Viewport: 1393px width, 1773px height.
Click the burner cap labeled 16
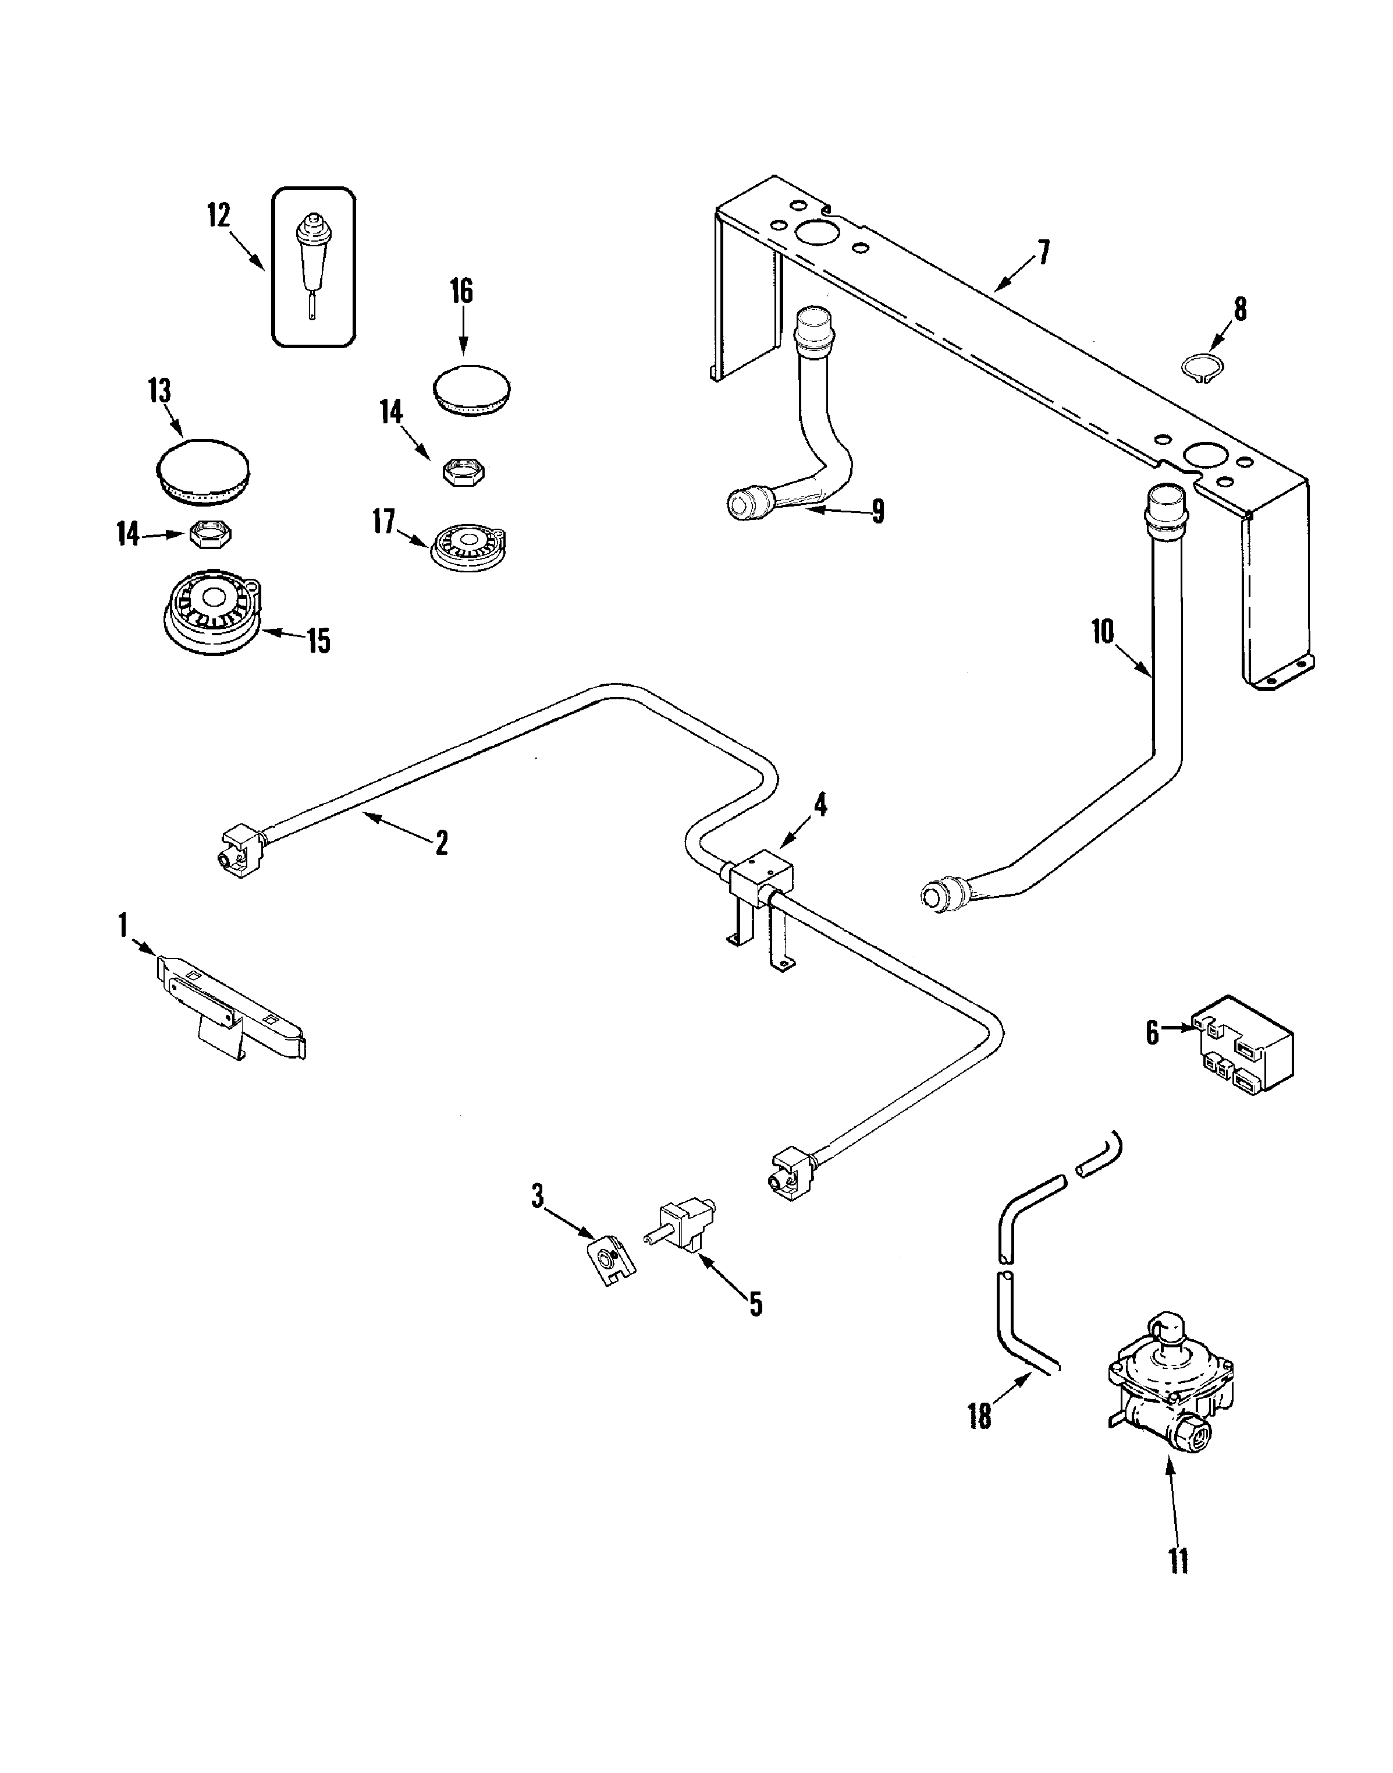click(471, 390)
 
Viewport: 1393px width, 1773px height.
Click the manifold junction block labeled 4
click(760, 876)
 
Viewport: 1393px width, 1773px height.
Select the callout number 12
click(219, 215)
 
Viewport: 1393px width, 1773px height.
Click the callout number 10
click(1103, 632)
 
